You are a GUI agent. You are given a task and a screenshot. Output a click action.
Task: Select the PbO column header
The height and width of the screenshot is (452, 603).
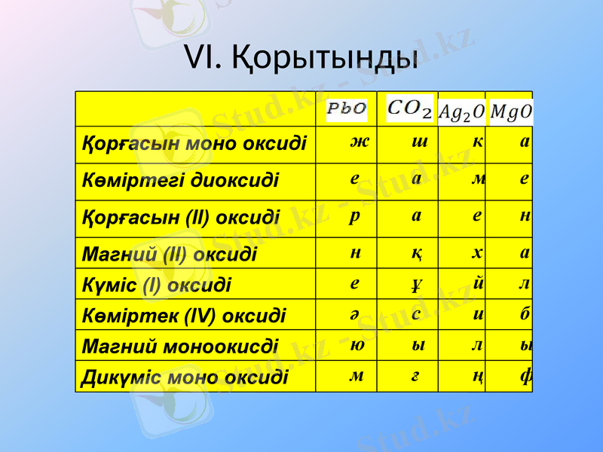[346, 109]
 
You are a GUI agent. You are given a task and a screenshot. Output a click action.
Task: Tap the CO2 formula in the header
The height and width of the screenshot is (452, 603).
[409, 109]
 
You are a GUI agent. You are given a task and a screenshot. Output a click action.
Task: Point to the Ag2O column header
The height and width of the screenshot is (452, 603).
[461, 111]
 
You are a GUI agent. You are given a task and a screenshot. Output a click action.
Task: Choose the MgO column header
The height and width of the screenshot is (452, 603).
[510, 111]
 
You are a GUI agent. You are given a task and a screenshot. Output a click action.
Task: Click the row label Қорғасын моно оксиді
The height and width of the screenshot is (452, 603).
[194, 143]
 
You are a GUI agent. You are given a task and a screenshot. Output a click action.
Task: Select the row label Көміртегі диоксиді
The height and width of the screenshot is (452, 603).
[180, 181]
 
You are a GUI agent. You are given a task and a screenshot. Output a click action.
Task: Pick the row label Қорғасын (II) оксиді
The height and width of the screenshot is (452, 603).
[181, 218]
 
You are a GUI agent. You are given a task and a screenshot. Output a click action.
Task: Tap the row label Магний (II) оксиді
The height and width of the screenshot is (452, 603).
[169, 254]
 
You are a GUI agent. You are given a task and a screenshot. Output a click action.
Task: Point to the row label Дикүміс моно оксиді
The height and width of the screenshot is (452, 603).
[185, 376]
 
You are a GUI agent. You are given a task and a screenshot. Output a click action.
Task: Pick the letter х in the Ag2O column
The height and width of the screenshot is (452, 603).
[477, 252]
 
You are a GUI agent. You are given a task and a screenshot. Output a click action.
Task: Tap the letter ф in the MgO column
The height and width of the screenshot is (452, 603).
[525, 375]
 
